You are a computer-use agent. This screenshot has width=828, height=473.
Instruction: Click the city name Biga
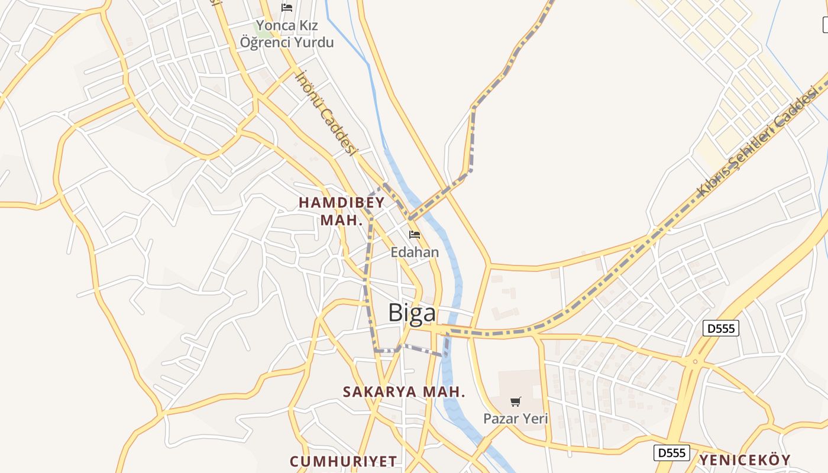point(412,313)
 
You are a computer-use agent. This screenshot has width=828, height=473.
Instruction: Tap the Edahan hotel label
point(415,252)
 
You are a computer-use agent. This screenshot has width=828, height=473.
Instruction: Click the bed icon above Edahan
point(415,234)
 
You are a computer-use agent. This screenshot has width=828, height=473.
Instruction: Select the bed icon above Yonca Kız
point(287,8)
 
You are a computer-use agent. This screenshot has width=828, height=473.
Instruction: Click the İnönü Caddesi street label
point(326,112)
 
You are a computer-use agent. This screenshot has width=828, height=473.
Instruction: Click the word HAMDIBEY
point(342,202)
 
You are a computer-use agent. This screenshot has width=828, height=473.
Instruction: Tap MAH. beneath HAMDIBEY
point(341,221)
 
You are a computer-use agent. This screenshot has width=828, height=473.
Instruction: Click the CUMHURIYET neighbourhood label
point(343,461)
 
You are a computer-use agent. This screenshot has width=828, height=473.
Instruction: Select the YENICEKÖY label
point(745,460)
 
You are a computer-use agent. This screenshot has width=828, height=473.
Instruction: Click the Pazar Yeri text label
point(516,419)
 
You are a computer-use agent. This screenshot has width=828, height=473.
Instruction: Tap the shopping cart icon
point(516,402)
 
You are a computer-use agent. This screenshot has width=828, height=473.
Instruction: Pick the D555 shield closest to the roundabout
point(721,328)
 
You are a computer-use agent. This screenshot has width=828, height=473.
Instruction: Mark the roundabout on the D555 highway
point(695,361)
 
